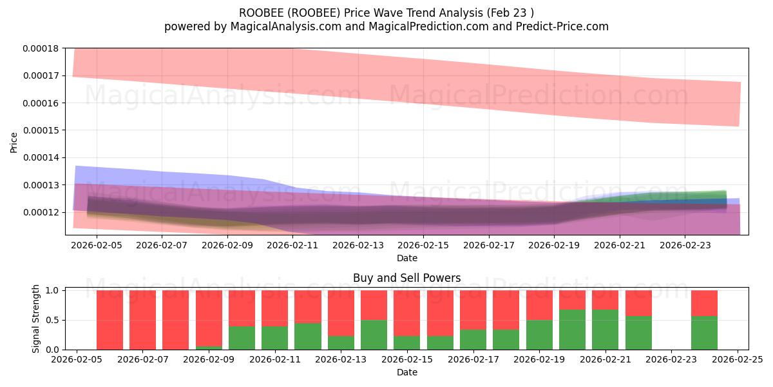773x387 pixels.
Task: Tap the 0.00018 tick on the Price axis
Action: point(41,48)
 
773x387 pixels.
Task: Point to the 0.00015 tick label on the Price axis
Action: point(41,130)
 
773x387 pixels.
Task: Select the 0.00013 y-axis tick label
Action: point(41,185)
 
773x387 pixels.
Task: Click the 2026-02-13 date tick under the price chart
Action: point(358,245)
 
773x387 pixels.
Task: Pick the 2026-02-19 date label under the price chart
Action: point(554,245)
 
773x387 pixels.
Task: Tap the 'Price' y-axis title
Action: point(14,142)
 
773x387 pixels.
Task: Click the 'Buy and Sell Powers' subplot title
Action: point(406,279)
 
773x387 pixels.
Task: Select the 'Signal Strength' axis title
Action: point(36,318)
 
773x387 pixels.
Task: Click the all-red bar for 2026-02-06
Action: point(110,319)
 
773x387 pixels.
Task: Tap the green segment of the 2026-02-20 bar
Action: point(572,330)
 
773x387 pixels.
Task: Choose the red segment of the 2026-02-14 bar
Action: point(374,304)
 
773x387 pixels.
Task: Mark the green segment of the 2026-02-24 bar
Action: point(704,333)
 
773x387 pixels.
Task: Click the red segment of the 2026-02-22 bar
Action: point(638,303)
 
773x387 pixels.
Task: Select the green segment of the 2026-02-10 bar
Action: point(242,337)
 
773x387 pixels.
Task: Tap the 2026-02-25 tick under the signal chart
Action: point(738,360)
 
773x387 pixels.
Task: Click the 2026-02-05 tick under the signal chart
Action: point(77,360)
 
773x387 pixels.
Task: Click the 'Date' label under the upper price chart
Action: point(406,258)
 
